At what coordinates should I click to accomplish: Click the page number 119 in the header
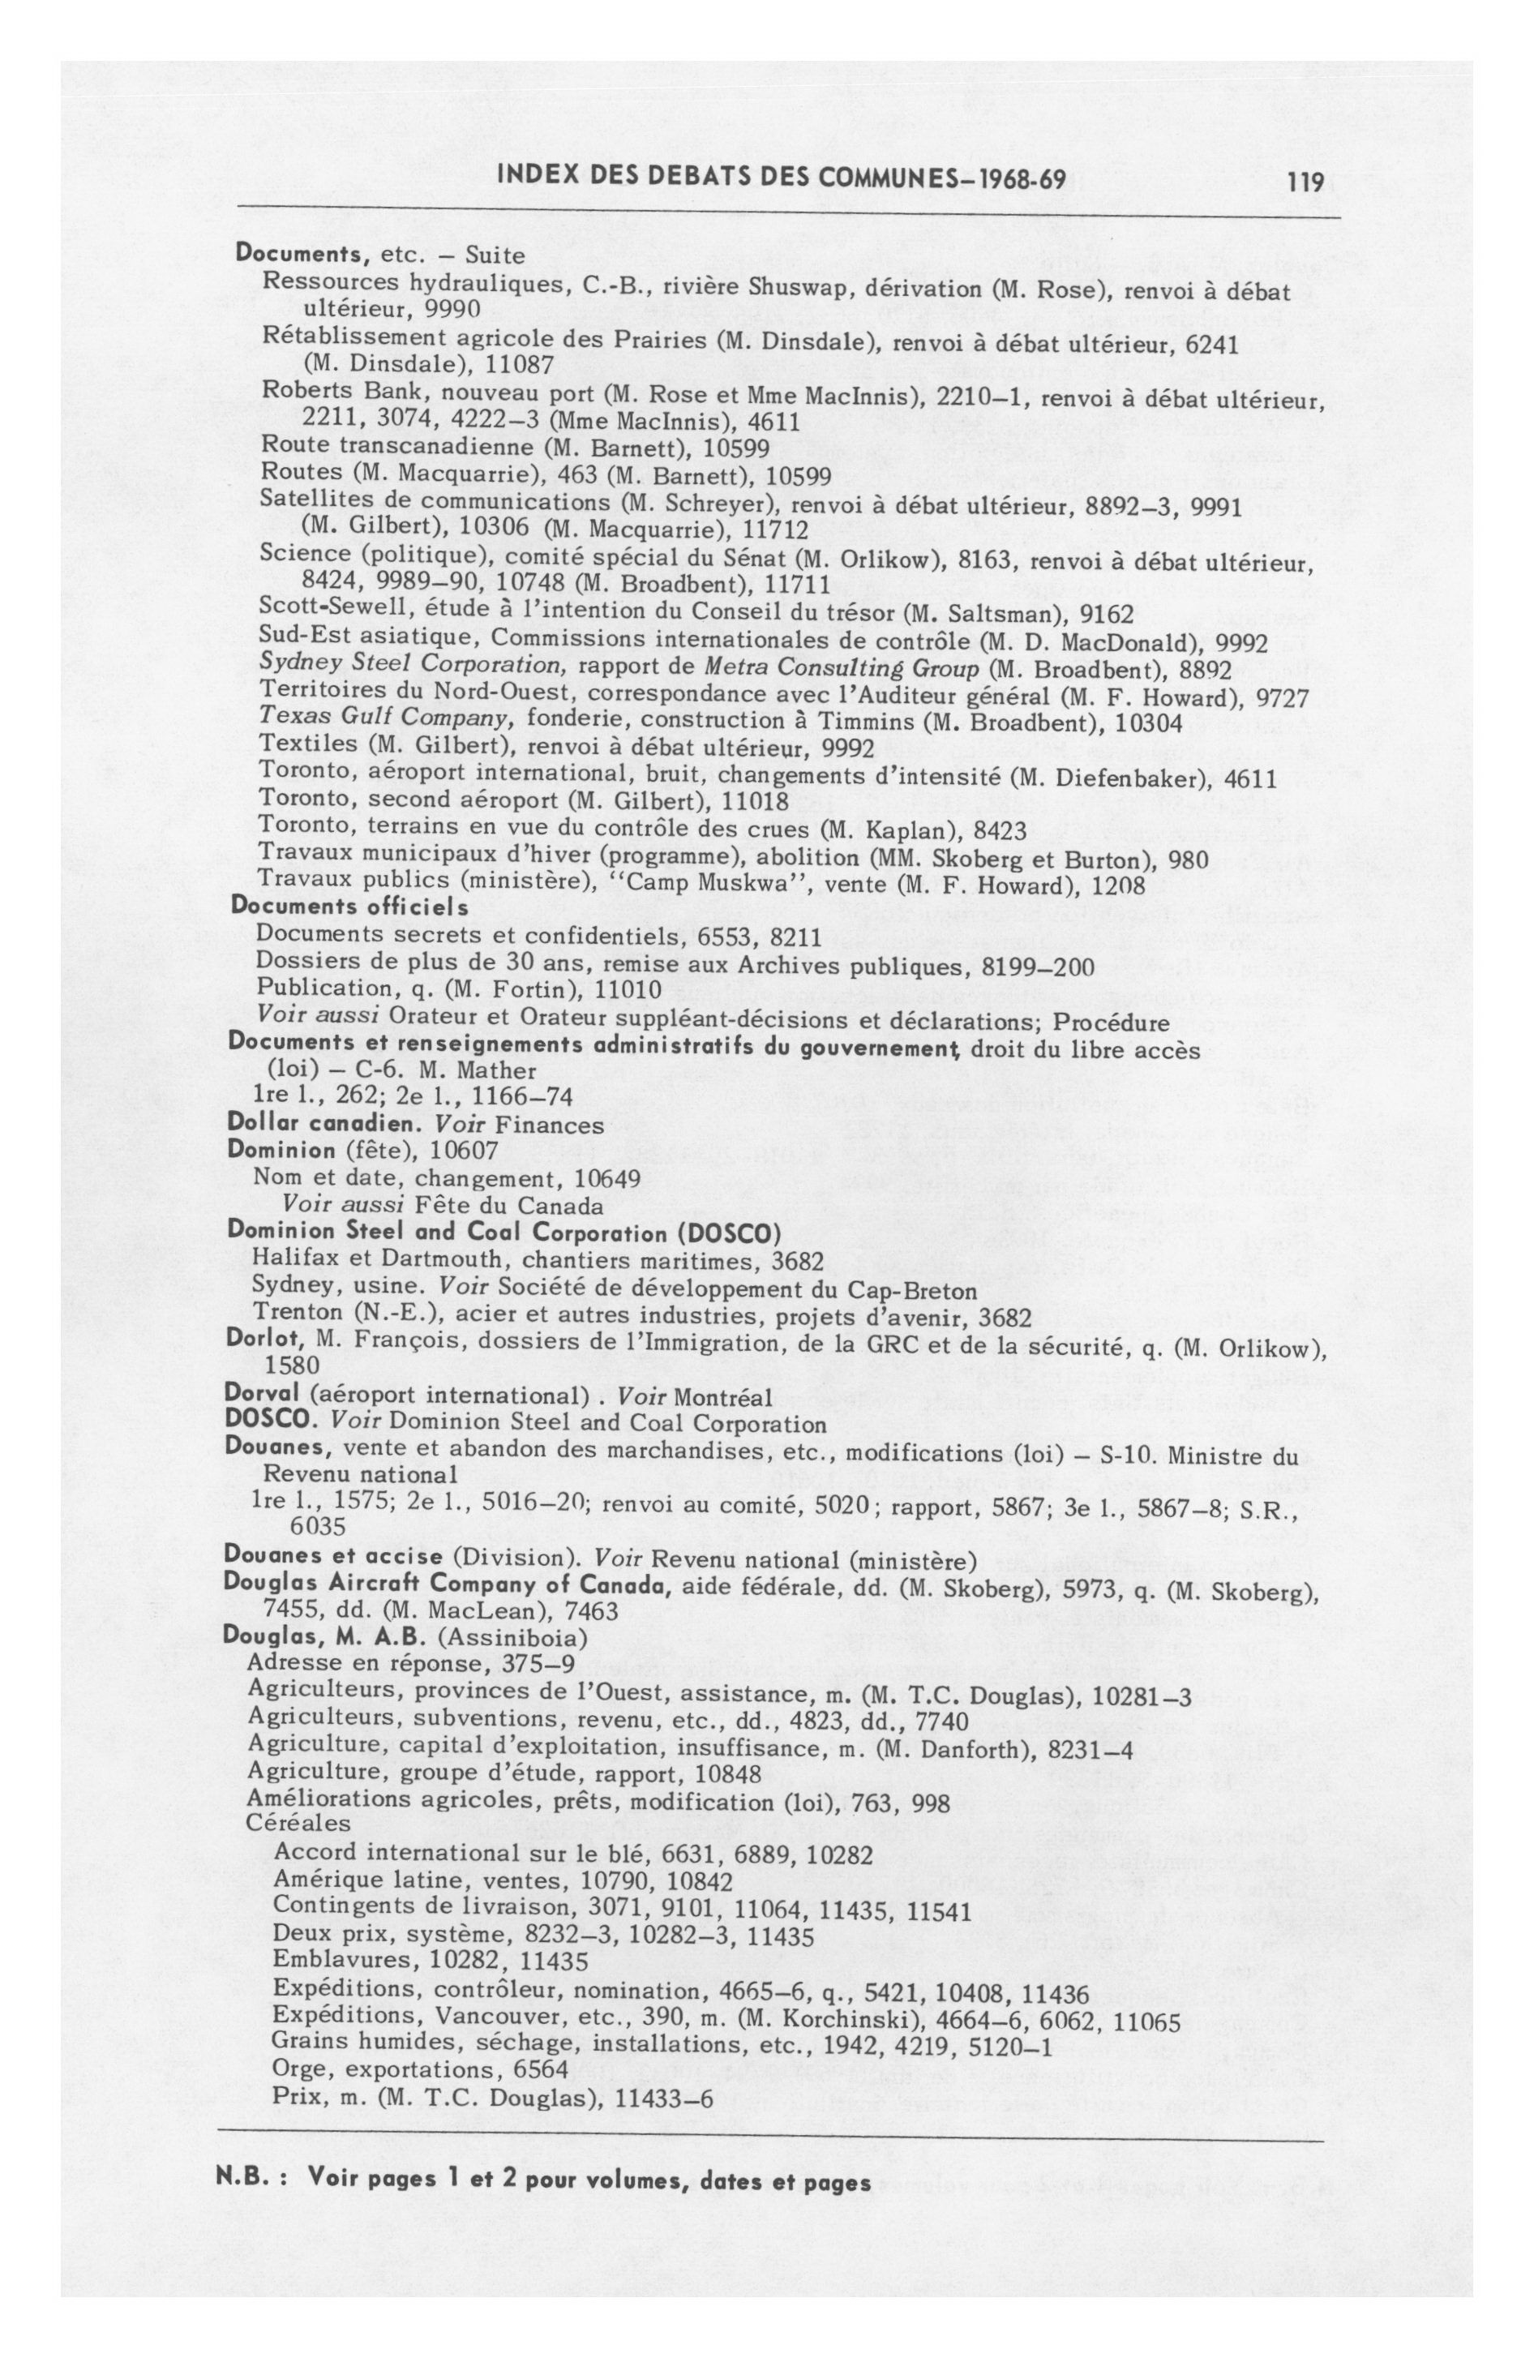pyautogui.click(x=1306, y=182)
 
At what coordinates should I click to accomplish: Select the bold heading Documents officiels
pyautogui.click(x=349, y=906)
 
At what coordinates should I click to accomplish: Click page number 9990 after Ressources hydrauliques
pyautogui.click(x=453, y=308)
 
